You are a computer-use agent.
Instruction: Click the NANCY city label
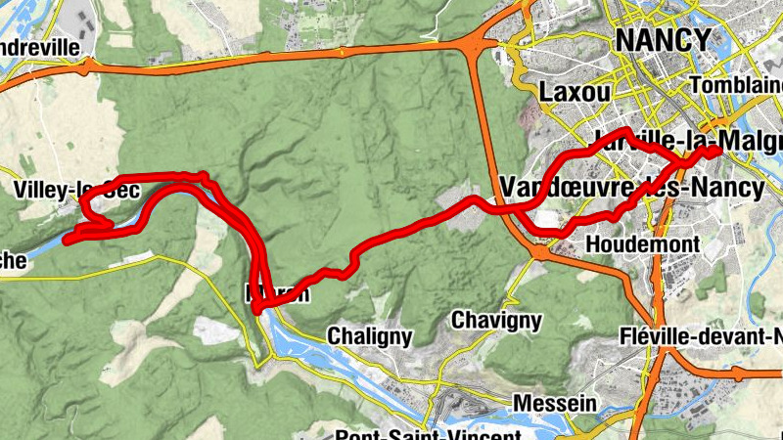(662, 39)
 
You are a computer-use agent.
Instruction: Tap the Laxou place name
(575, 92)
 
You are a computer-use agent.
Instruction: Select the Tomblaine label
(735, 86)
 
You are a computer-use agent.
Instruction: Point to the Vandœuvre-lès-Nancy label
(630, 187)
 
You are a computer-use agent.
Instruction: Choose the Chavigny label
(496, 320)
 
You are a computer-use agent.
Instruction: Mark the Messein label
(554, 402)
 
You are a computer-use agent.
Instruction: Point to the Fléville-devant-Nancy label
(701, 337)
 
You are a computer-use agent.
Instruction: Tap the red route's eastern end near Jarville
(717, 151)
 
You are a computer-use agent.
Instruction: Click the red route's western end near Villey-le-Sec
(67, 239)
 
